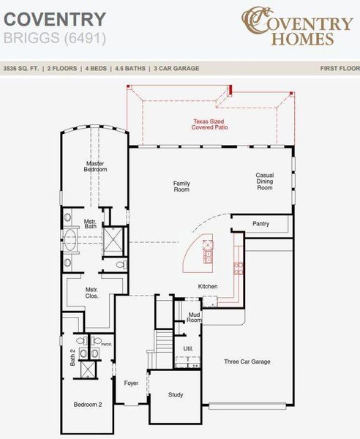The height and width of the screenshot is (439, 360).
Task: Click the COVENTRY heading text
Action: coord(55,20)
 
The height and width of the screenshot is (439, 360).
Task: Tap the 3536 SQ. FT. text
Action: coord(22,68)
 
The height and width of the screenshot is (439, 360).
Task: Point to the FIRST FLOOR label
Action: coord(339,68)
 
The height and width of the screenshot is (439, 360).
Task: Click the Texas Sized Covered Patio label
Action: coord(209,125)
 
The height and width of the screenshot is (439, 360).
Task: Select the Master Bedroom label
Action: coord(96,166)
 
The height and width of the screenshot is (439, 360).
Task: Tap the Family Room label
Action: coord(181,186)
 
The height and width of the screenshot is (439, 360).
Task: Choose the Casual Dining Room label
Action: coord(264,181)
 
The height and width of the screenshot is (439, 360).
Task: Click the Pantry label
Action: coord(261,224)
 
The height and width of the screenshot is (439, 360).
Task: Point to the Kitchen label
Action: coord(208,286)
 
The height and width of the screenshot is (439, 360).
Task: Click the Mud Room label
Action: coord(194,317)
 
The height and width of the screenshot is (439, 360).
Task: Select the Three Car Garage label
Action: coord(247,361)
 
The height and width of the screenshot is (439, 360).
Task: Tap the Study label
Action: coord(176,394)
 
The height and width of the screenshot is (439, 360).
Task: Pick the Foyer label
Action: coord(131,383)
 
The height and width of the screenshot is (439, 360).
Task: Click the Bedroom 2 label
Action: coord(88,404)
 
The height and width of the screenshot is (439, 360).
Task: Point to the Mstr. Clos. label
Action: coord(91,293)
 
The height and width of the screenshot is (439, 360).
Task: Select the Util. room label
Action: coord(188,348)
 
